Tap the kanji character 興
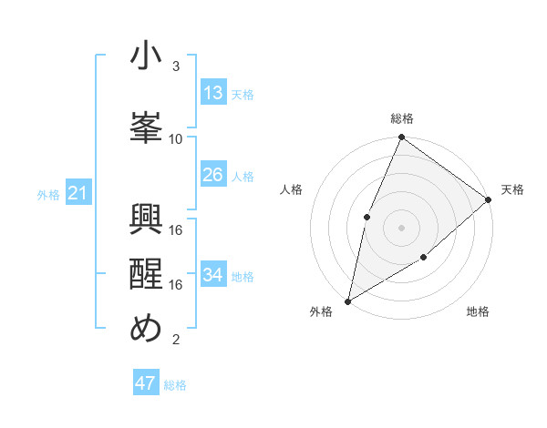tap(146, 219)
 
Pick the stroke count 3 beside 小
tap(176, 66)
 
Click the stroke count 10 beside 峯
tap(176, 138)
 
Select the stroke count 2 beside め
tap(176, 340)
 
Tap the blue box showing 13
tap(213, 93)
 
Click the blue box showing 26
tap(213, 175)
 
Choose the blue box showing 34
tap(213, 275)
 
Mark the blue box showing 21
tap(78, 193)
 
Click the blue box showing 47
tap(146, 383)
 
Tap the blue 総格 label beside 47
tap(175, 385)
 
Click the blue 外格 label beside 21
tap(48, 194)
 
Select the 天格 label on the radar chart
tap(512, 189)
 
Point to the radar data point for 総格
tap(401, 138)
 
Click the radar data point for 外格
tap(347, 301)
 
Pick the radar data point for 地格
tap(424, 259)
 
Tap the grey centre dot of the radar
tap(401, 227)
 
